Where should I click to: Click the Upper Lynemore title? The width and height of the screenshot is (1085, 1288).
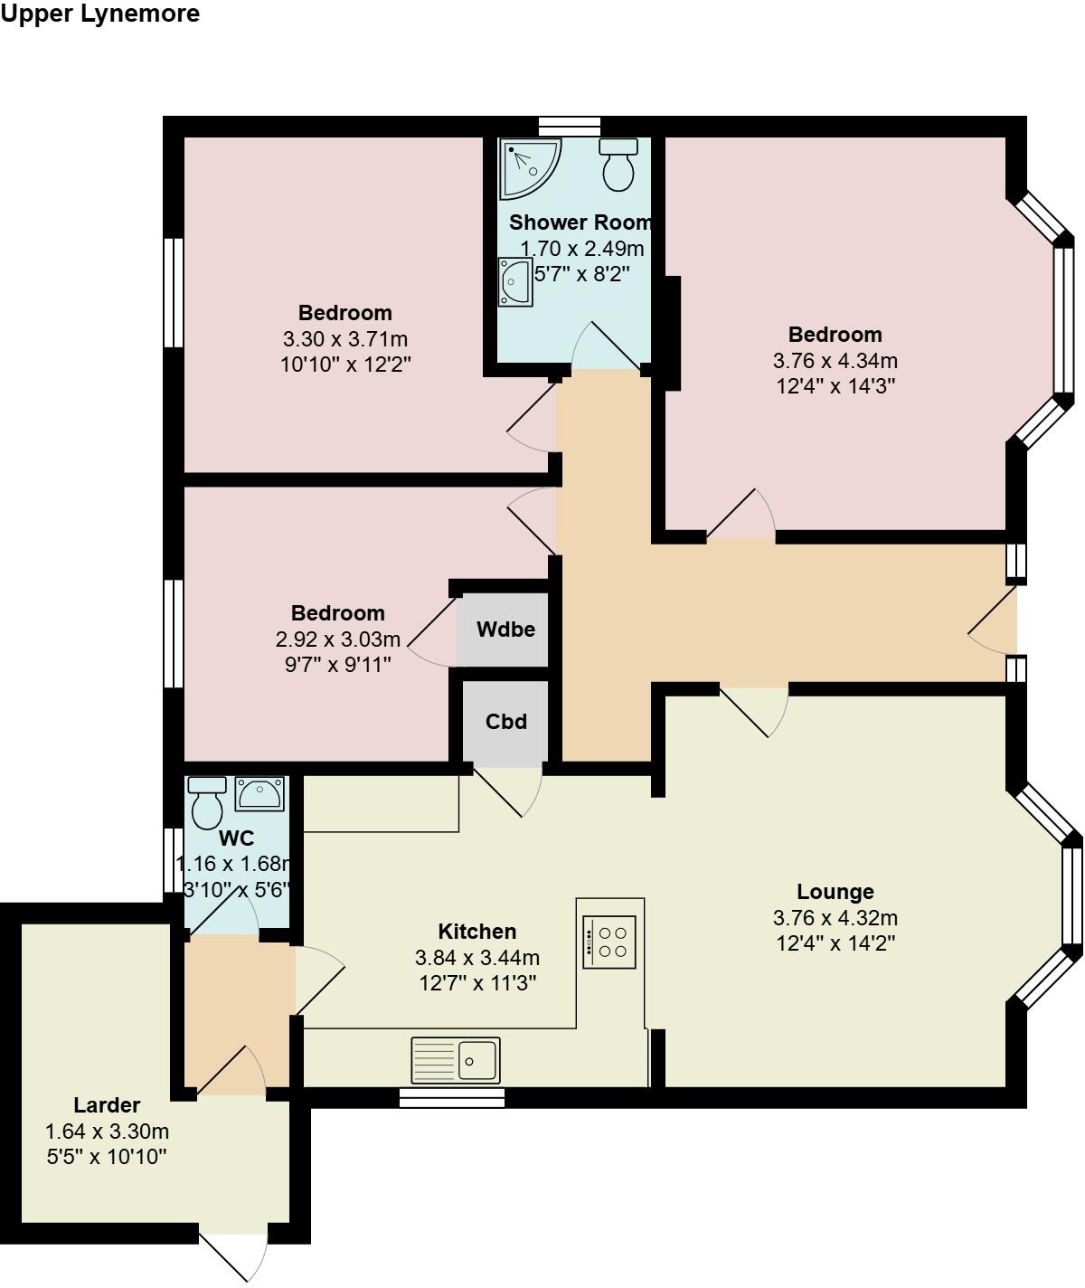pos(99,14)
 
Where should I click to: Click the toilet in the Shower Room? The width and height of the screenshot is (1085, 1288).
pos(618,165)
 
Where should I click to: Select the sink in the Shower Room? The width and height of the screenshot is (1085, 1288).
pos(514,280)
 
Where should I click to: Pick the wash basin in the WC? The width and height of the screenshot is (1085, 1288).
pos(259,794)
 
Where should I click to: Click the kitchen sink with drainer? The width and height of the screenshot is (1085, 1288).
pos(456,1060)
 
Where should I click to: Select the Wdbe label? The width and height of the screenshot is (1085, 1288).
pos(506,630)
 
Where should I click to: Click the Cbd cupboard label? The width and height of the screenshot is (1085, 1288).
pos(505,722)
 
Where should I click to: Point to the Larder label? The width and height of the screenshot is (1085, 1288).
pos(107,1105)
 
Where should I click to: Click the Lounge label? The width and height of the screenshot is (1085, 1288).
pos(835,893)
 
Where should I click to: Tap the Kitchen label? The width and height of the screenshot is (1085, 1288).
pos(476,932)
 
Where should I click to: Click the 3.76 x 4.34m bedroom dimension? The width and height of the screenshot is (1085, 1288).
pos(835,361)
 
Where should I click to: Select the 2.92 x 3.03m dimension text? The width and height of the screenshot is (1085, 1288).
pos(337,639)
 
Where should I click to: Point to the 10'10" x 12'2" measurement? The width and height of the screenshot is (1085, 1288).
pos(345,365)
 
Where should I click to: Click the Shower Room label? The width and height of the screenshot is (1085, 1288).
pos(580,223)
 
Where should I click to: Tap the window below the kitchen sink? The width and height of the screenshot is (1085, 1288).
pos(452,1097)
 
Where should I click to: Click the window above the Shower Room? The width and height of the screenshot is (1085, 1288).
pos(570,126)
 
